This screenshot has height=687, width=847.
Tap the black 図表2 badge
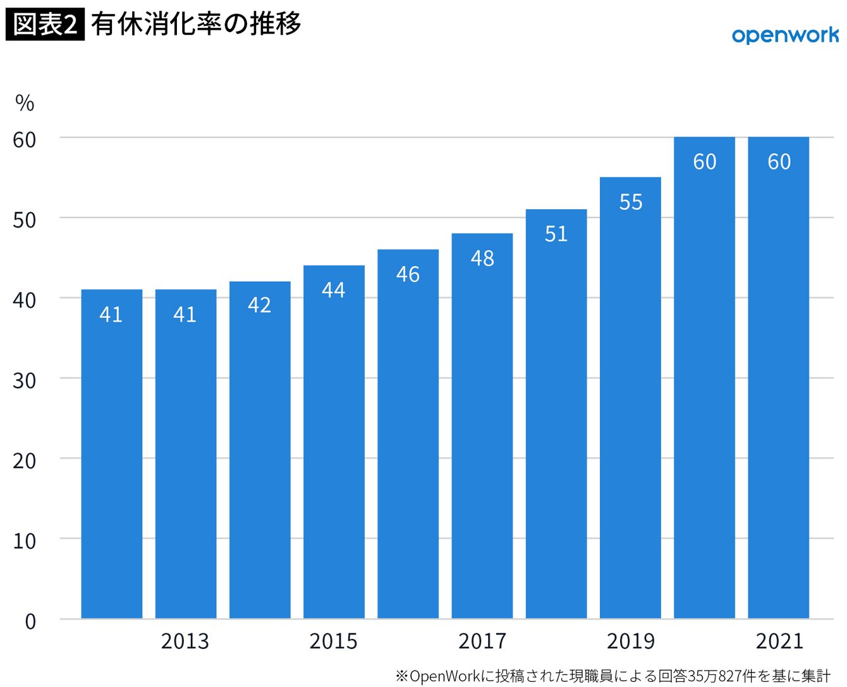[45, 24]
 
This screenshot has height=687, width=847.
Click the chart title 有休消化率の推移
[196, 24]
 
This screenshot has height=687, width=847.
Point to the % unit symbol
[25, 104]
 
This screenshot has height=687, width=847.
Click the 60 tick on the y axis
[24, 140]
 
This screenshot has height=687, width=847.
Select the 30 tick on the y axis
[24, 380]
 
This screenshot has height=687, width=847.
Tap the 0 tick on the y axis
[30, 621]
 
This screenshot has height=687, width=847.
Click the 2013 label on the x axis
[185, 641]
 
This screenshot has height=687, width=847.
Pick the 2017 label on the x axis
[482, 641]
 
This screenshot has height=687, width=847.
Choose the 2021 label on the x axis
[779, 641]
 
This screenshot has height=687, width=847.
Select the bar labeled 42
[260, 449]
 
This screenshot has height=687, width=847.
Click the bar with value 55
[630, 398]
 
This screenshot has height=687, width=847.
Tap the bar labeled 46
[408, 434]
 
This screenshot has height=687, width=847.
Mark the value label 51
[556, 234]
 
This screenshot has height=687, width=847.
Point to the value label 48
[482, 258]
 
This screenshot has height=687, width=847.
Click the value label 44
[334, 290]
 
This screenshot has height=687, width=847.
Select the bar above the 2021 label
[779, 378]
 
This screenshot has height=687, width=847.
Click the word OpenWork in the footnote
[444, 676]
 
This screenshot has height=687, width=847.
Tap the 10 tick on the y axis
[24, 541]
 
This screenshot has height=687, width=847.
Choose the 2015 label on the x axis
[333, 641]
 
